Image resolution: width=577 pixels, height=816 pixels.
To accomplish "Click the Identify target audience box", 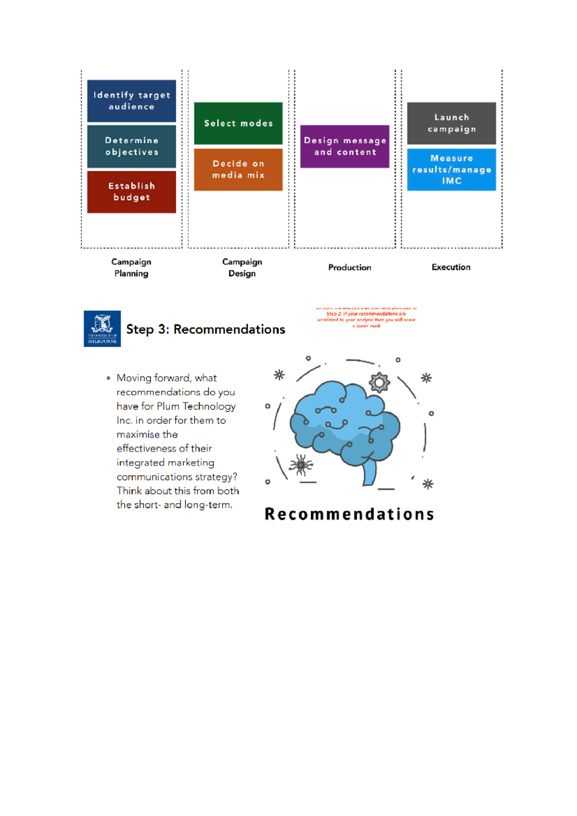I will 131,101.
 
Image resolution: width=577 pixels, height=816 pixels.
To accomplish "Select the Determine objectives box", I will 131,146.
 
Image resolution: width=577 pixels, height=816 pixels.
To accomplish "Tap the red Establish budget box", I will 131,192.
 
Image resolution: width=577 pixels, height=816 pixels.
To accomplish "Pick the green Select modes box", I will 238,124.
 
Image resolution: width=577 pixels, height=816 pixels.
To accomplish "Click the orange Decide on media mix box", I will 238,170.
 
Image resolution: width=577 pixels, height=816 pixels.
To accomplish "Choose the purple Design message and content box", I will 345,147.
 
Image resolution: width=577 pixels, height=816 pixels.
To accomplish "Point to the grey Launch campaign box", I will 451,124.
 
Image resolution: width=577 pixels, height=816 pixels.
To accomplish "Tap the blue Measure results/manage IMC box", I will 451,170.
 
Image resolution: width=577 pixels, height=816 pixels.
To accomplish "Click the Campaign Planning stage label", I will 131,268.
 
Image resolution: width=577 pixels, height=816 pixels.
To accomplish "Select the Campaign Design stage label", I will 242,268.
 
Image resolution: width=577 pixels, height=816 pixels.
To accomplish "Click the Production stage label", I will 350,268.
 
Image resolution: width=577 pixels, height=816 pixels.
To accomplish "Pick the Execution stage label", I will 451,267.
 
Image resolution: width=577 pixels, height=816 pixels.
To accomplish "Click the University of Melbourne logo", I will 102,329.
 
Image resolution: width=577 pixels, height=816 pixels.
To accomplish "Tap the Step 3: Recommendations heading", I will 205,330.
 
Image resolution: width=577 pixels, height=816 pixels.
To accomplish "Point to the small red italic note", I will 366,317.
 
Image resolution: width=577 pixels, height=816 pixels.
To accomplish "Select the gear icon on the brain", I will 379,383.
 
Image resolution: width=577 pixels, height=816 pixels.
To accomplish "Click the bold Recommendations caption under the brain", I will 349,514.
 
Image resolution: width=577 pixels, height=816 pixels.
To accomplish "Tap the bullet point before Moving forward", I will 109,378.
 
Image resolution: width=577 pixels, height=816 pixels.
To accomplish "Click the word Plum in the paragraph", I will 168,407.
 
